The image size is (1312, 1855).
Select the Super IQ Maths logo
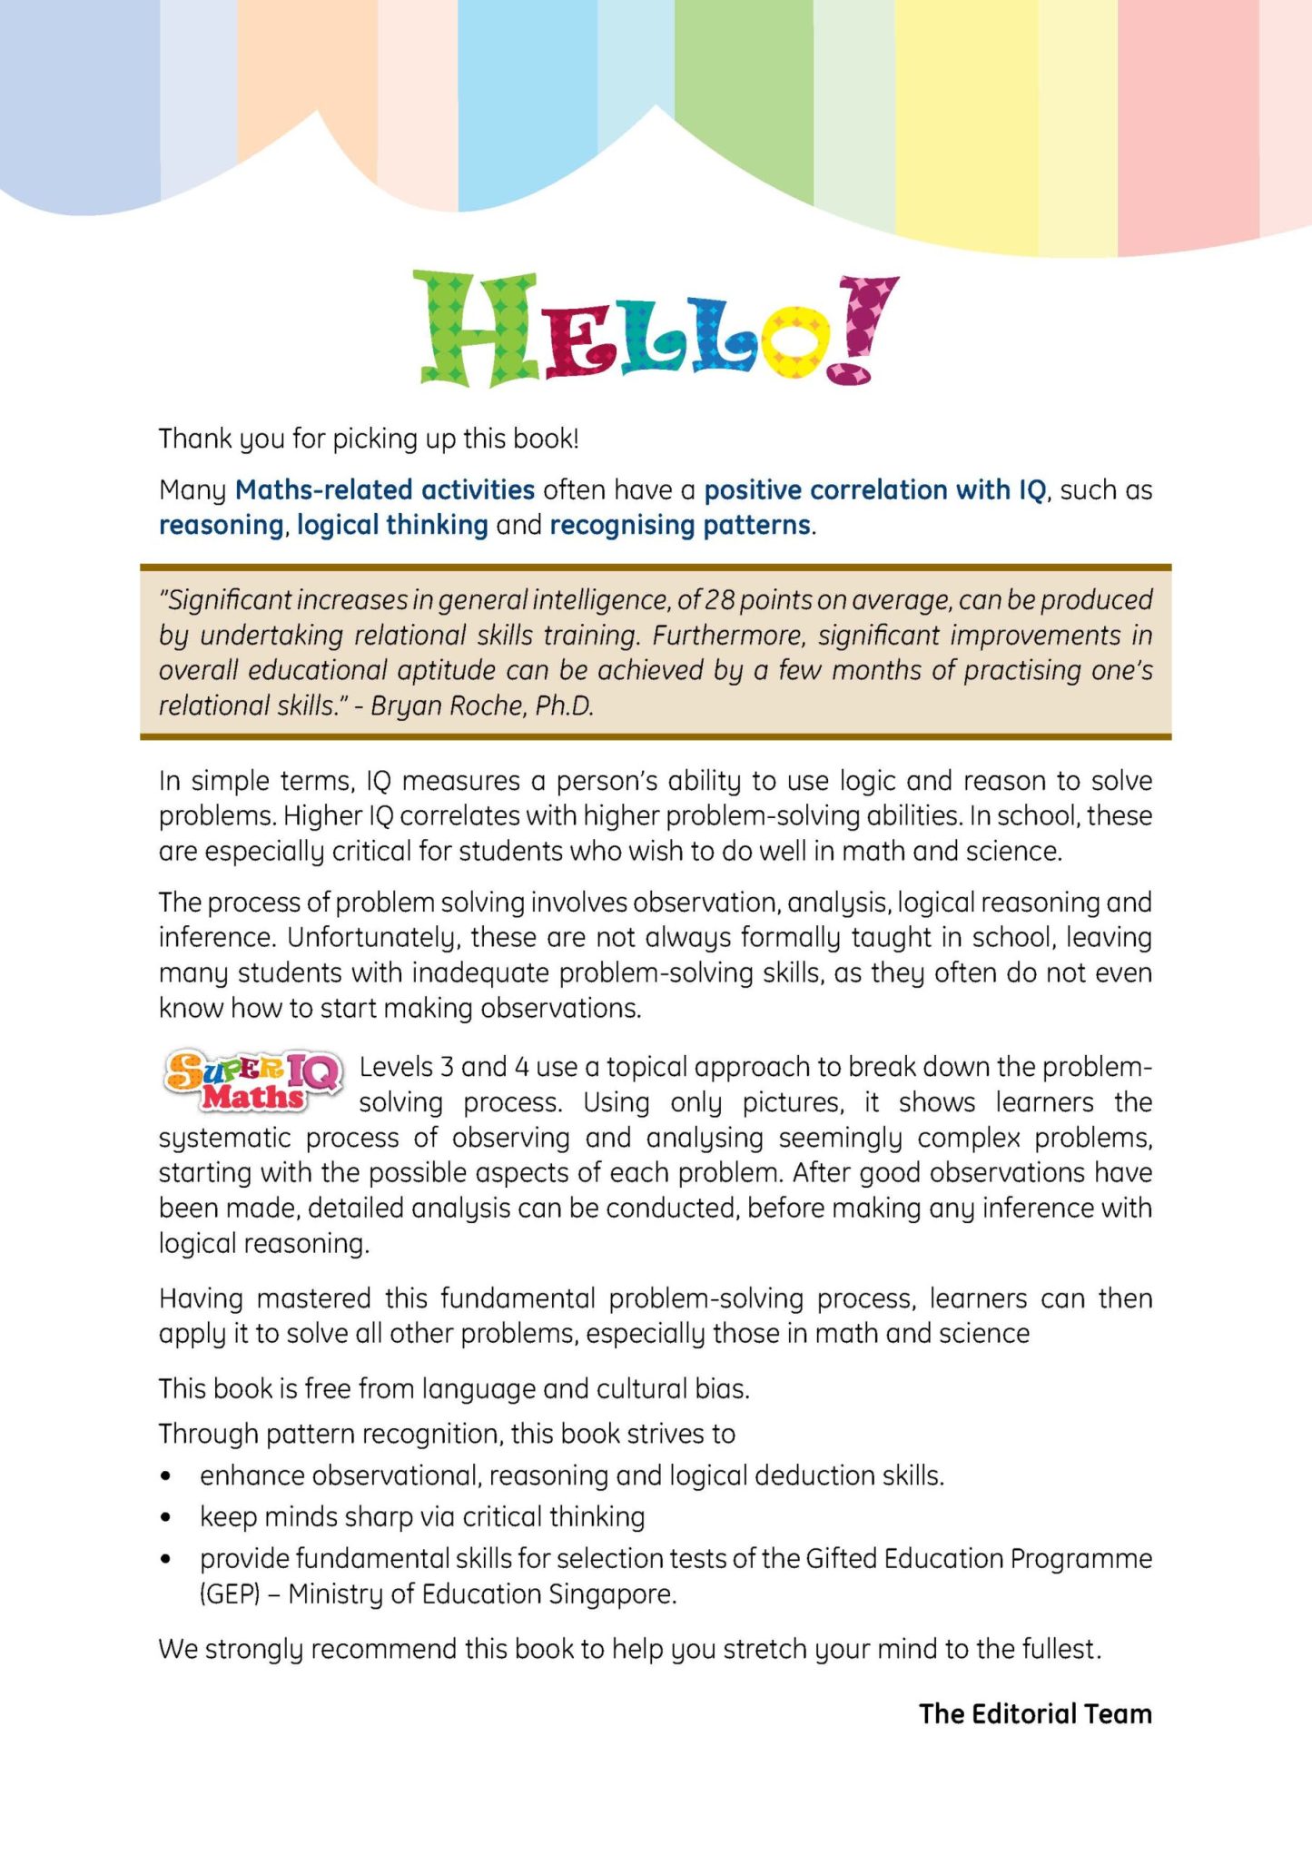coord(253,1081)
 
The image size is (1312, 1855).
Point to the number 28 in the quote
coord(719,600)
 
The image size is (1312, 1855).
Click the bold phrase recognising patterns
coord(680,525)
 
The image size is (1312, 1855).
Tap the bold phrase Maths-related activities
coord(384,490)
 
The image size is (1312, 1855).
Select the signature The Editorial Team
coord(1035,1713)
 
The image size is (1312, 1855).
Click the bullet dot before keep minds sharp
coord(165,1517)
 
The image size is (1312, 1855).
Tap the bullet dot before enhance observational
coord(165,1476)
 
